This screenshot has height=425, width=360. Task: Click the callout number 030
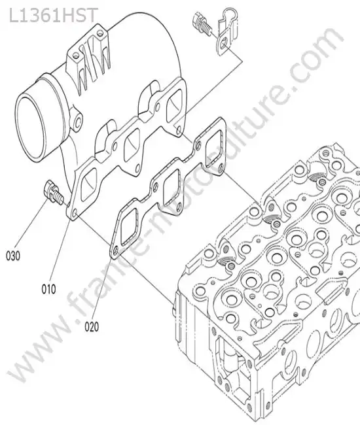pos(13,256)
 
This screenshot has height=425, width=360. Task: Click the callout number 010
pos(48,289)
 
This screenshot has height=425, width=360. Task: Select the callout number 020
pos(92,327)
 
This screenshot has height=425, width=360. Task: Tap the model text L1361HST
pos(53,16)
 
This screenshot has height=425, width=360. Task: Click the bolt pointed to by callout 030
pos(54,192)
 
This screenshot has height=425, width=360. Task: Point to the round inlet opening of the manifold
pos(29,128)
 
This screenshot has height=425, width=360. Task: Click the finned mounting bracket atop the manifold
pos(90,58)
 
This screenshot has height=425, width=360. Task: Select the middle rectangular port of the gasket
pos(170,187)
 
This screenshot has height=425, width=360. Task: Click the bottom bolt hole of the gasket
pos(116,250)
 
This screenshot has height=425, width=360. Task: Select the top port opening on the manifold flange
pos(174,105)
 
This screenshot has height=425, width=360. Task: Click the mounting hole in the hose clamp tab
pos(223,42)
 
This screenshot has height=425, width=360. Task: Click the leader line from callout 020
pos(103,288)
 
